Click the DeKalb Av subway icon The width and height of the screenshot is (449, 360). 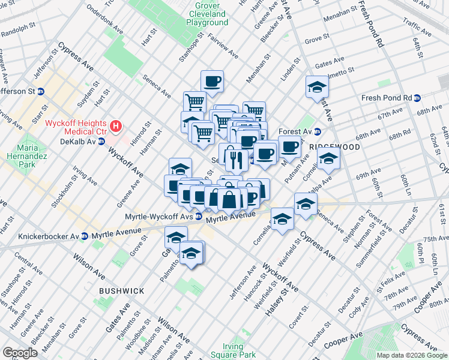point(101,142)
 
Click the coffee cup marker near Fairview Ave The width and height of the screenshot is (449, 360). point(211,81)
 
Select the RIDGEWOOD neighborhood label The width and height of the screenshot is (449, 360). point(334,147)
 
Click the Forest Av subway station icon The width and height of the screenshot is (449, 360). point(318,132)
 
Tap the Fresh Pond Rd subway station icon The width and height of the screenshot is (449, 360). point(417,98)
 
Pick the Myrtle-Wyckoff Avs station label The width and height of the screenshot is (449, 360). point(158,217)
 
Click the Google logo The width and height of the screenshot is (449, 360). point(21,353)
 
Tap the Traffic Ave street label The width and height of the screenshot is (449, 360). point(418,27)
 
